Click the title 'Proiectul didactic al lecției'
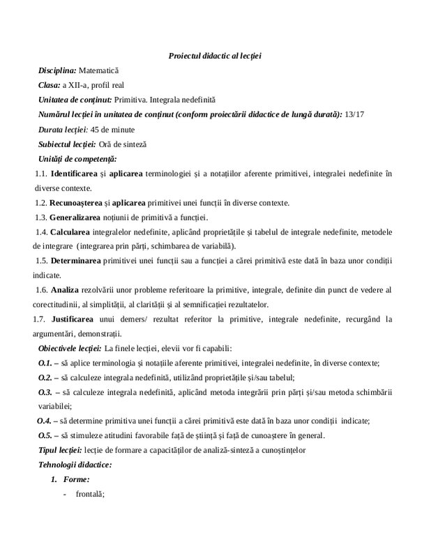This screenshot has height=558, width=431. pyautogui.click(x=215, y=55)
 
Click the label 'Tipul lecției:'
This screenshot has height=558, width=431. pyautogui.click(x=60, y=449)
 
